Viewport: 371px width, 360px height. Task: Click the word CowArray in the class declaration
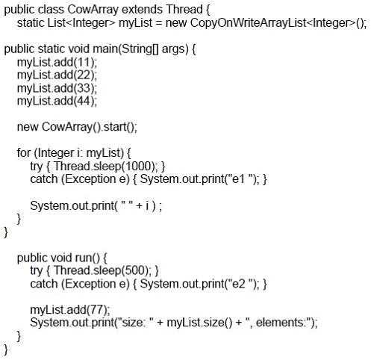pos(93,10)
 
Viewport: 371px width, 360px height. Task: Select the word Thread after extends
pos(184,10)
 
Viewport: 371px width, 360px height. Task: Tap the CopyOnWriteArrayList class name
pos(248,23)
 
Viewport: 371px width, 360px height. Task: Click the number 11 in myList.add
pos(84,62)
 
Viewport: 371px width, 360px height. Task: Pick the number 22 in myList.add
pos(84,75)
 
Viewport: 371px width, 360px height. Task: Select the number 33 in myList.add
pos(84,88)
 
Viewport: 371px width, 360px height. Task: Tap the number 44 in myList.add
pos(84,101)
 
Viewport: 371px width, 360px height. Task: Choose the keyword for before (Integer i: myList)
pos(24,153)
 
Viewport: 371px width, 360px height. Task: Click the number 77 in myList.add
pos(97,310)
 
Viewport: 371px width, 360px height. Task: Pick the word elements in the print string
pos(280,323)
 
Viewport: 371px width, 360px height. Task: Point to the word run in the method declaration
pos(83,258)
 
